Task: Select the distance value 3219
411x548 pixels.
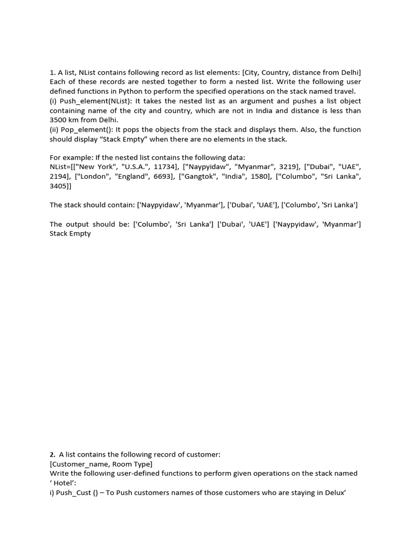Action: pos(287,167)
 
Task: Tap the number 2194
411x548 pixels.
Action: pos(59,177)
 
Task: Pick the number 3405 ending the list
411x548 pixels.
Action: pos(59,186)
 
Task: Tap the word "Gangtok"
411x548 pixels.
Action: pos(201,177)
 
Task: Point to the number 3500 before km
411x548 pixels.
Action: pos(59,120)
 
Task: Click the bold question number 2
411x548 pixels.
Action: pos(52,454)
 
